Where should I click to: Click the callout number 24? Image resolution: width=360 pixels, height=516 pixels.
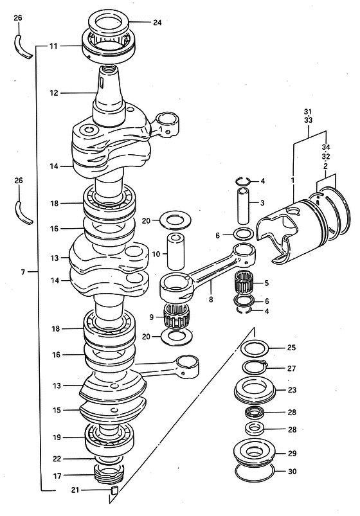coord(157,22)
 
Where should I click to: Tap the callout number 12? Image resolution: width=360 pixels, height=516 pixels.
coord(54,93)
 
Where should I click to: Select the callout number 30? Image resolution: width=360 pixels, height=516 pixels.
coord(292,472)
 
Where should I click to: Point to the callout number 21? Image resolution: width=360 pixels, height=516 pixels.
coord(75,490)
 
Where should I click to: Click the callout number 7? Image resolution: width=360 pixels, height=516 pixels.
coord(22,272)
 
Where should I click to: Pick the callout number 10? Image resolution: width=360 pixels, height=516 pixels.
coord(156,254)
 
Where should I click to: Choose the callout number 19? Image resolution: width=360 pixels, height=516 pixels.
coord(57,438)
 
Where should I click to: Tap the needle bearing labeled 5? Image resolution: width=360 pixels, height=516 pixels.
coord(244,283)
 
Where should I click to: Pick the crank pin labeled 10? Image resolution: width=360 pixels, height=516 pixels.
coord(176,251)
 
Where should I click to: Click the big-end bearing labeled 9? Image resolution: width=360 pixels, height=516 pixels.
coord(176,317)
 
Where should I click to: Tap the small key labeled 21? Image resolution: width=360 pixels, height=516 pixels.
coord(114,490)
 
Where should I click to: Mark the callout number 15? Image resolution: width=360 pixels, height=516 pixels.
coord(57,410)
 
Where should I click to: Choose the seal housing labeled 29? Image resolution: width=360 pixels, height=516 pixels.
coord(254,453)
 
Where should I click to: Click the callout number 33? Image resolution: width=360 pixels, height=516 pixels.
coord(308,120)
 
